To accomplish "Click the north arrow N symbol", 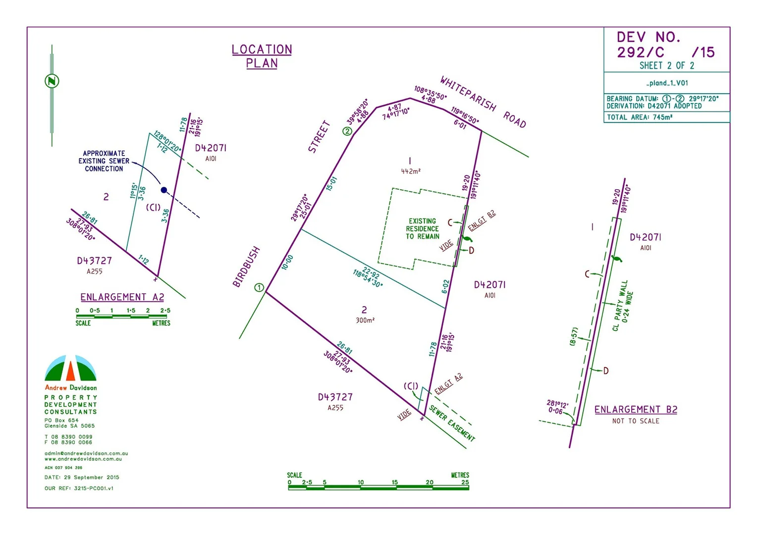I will pyautogui.click(x=52, y=81).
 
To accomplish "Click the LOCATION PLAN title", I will pyautogui.click(x=262, y=56).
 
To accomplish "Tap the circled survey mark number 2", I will pyautogui.click(x=347, y=131).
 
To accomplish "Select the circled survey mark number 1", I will pyautogui.click(x=259, y=288).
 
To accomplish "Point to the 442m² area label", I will pyautogui.click(x=411, y=171).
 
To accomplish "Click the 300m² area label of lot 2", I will pyautogui.click(x=365, y=321).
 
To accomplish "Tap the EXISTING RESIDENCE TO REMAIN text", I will pyautogui.click(x=422, y=229).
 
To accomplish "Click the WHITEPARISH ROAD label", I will pyautogui.click(x=483, y=102).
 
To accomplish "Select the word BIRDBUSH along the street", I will pyautogui.click(x=246, y=267).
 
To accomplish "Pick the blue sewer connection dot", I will pyautogui.click(x=164, y=190).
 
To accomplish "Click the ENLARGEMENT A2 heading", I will pyautogui.click(x=122, y=297).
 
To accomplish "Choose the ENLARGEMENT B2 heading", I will pyautogui.click(x=636, y=410).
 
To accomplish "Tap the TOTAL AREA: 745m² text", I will pyautogui.click(x=640, y=117).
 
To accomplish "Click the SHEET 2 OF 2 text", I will pyautogui.click(x=666, y=66).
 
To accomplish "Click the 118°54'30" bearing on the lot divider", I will pyautogui.click(x=368, y=278).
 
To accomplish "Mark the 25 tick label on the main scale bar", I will pyautogui.click(x=465, y=482).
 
